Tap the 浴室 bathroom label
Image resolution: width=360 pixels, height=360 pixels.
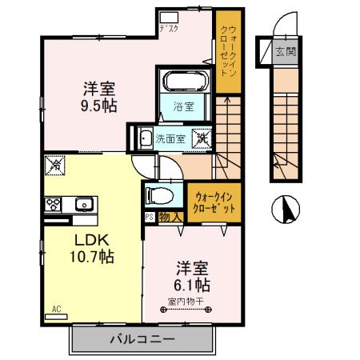click(x=185, y=105)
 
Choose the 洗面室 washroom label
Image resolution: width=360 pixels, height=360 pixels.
click(x=170, y=138)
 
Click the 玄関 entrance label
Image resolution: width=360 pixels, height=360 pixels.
click(x=285, y=54)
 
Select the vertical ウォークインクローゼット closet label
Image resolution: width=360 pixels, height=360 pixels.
click(x=227, y=51)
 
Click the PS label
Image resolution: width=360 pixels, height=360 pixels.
click(x=149, y=216)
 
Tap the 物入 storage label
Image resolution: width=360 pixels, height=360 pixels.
click(x=167, y=216)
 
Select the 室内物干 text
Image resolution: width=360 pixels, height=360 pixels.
click(x=186, y=302)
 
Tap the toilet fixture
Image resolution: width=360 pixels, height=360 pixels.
click(x=157, y=194)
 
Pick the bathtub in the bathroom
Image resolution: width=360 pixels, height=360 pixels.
click(x=186, y=81)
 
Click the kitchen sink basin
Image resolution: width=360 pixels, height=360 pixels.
click(x=84, y=204)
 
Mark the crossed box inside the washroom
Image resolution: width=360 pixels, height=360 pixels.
click(x=202, y=138)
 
